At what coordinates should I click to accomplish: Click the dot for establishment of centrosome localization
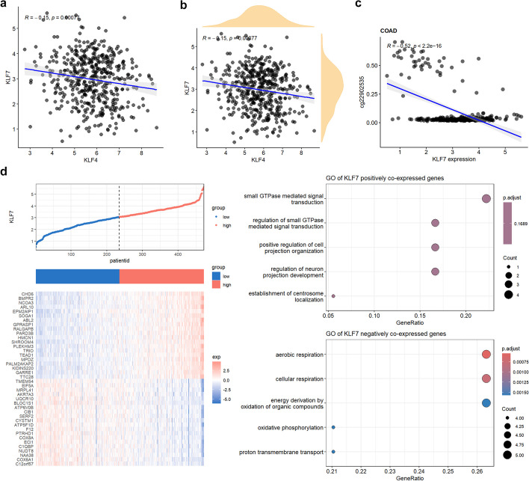point(333,296)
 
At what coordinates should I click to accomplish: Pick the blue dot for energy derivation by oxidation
point(486,403)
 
